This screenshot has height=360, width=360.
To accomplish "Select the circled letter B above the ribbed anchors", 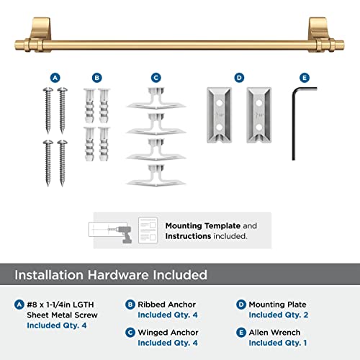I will click(99, 76).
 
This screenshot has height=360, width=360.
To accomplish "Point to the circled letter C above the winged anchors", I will click(156, 76).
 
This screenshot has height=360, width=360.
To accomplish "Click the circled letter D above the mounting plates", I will click(240, 76).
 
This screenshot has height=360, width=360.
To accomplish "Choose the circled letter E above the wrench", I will click(304, 76).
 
